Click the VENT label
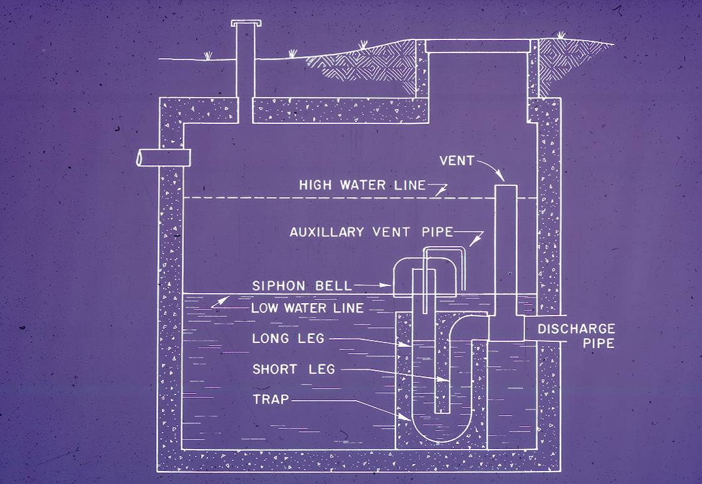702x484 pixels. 457,161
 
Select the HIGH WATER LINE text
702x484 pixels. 362,185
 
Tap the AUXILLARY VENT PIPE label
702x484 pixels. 370,232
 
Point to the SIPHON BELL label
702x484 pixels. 296,286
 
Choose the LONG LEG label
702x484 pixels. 288,339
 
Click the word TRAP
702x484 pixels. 271,399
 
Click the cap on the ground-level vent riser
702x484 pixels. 241,24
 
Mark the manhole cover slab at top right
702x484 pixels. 478,44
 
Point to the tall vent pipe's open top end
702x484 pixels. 506,185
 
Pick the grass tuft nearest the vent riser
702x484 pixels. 207,55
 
